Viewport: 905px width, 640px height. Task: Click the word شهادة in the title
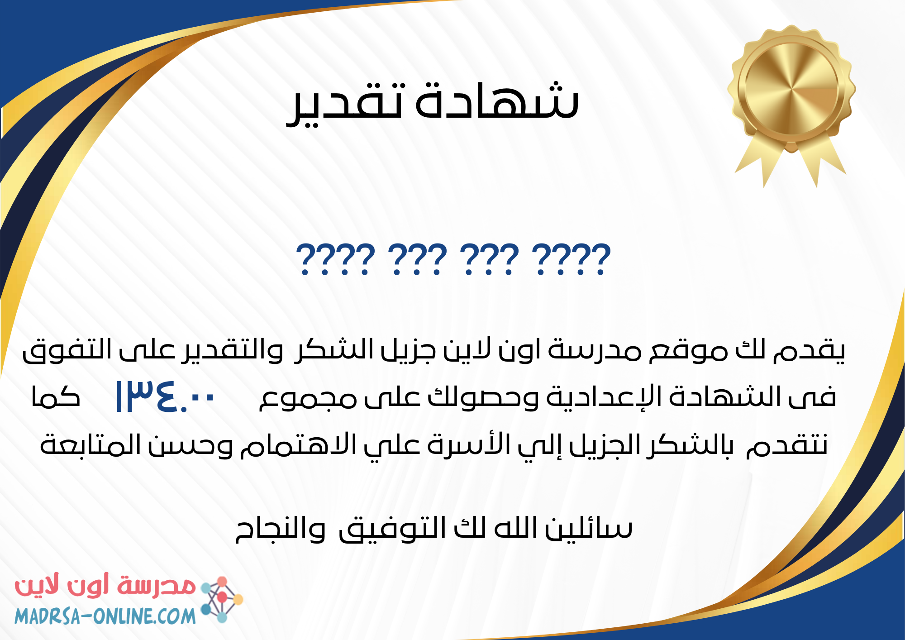point(497,100)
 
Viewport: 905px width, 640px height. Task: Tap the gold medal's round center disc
point(791,88)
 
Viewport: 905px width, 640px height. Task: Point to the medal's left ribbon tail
point(760,158)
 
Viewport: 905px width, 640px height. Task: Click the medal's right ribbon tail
point(821,158)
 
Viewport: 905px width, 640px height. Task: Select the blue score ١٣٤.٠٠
point(165,397)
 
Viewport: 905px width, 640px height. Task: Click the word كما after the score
point(56,397)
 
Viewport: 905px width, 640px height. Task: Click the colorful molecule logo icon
point(222,599)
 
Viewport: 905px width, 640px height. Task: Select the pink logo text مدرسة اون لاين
point(105,587)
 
